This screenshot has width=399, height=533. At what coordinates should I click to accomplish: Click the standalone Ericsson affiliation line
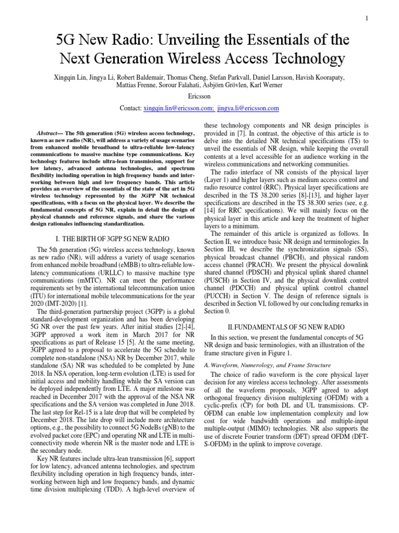coord(199,97)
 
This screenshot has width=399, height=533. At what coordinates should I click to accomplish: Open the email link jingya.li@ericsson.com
coord(248,108)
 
